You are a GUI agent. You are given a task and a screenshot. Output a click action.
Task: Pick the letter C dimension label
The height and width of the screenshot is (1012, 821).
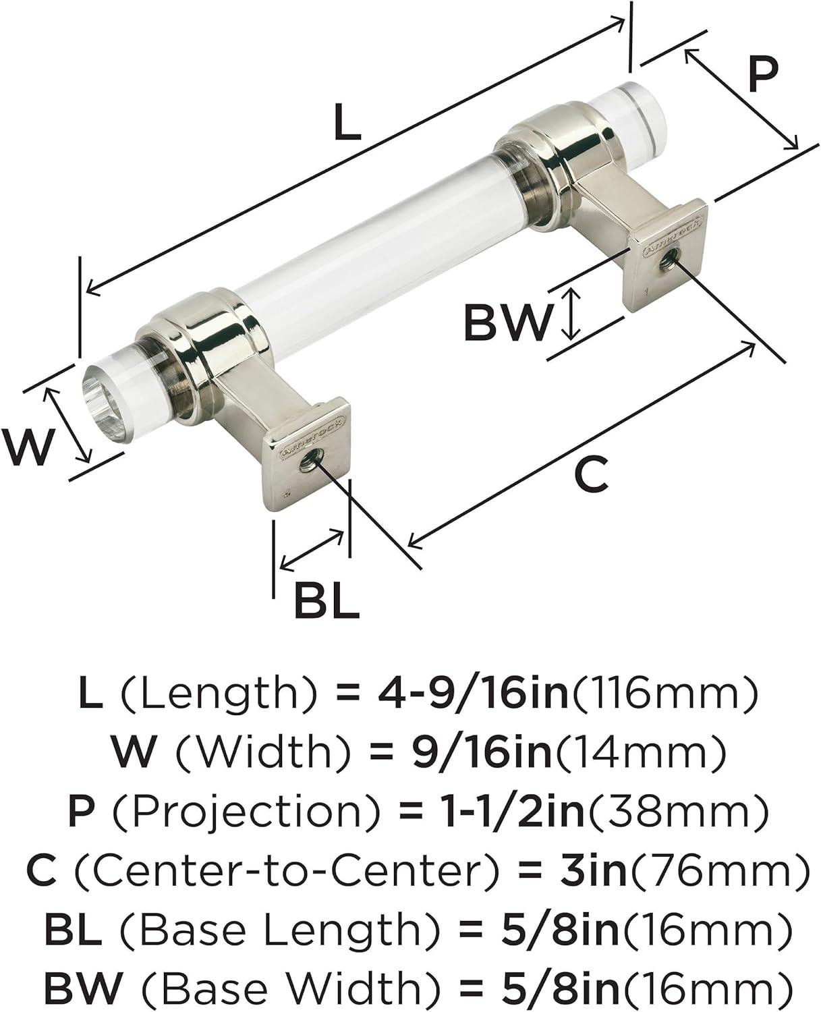tap(591, 473)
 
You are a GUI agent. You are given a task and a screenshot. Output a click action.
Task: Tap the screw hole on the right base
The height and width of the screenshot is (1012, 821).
tap(669, 262)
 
